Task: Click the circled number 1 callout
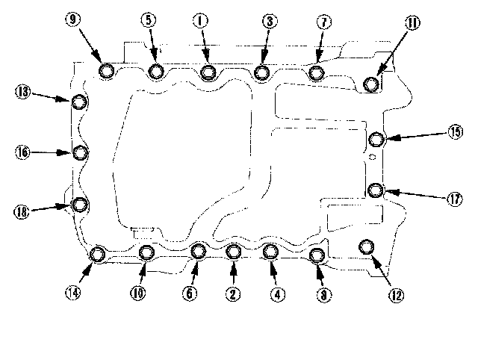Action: point(199,22)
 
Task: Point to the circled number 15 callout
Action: point(455,132)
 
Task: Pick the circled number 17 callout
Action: point(455,199)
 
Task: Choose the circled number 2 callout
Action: point(234,294)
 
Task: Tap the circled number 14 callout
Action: point(72,293)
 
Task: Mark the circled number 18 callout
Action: point(22,212)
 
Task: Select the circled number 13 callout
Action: point(23,92)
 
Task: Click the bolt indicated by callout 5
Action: point(155,71)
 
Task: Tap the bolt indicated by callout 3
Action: point(261,72)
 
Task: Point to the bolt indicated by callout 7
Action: point(316,72)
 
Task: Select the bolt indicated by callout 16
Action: point(80,153)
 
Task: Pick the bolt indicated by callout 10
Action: point(146,252)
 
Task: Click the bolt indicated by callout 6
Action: point(198,250)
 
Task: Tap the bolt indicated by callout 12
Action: point(366,246)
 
